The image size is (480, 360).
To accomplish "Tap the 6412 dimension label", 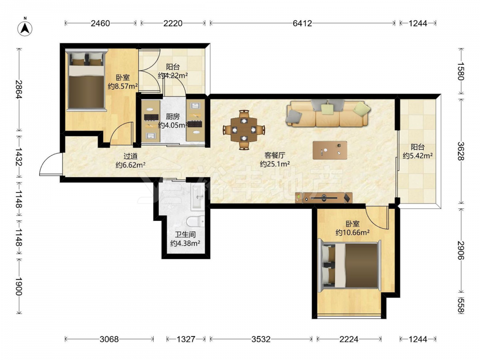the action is click(x=302, y=23).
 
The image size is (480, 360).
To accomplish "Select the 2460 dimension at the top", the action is click(x=100, y=23).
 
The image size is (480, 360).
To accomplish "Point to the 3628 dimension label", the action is click(x=461, y=151).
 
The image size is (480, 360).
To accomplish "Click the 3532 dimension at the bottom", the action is click(x=261, y=339).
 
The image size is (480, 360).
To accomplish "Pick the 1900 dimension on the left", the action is click(x=19, y=287).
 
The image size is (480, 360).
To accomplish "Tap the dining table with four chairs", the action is click(x=244, y=130).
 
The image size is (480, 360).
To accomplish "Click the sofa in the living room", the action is click(x=328, y=113).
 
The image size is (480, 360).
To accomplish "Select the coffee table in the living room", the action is click(x=330, y=150).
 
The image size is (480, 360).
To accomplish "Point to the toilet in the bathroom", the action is click(x=196, y=221).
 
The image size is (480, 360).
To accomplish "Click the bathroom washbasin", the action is click(x=197, y=197).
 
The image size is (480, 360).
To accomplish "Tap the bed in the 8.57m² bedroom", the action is click(x=86, y=80).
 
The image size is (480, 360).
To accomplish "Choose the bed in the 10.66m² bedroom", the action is click(x=349, y=265).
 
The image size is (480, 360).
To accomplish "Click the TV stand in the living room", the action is click(x=324, y=198).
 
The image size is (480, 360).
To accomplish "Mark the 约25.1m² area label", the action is click(x=275, y=164).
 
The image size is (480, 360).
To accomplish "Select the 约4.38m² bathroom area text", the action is click(x=185, y=243).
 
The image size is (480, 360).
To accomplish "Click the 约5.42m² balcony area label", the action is click(x=418, y=156).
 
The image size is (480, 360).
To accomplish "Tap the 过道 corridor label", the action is click(x=131, y=156).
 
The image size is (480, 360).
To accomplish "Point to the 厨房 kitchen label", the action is click(x=173, y=117).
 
